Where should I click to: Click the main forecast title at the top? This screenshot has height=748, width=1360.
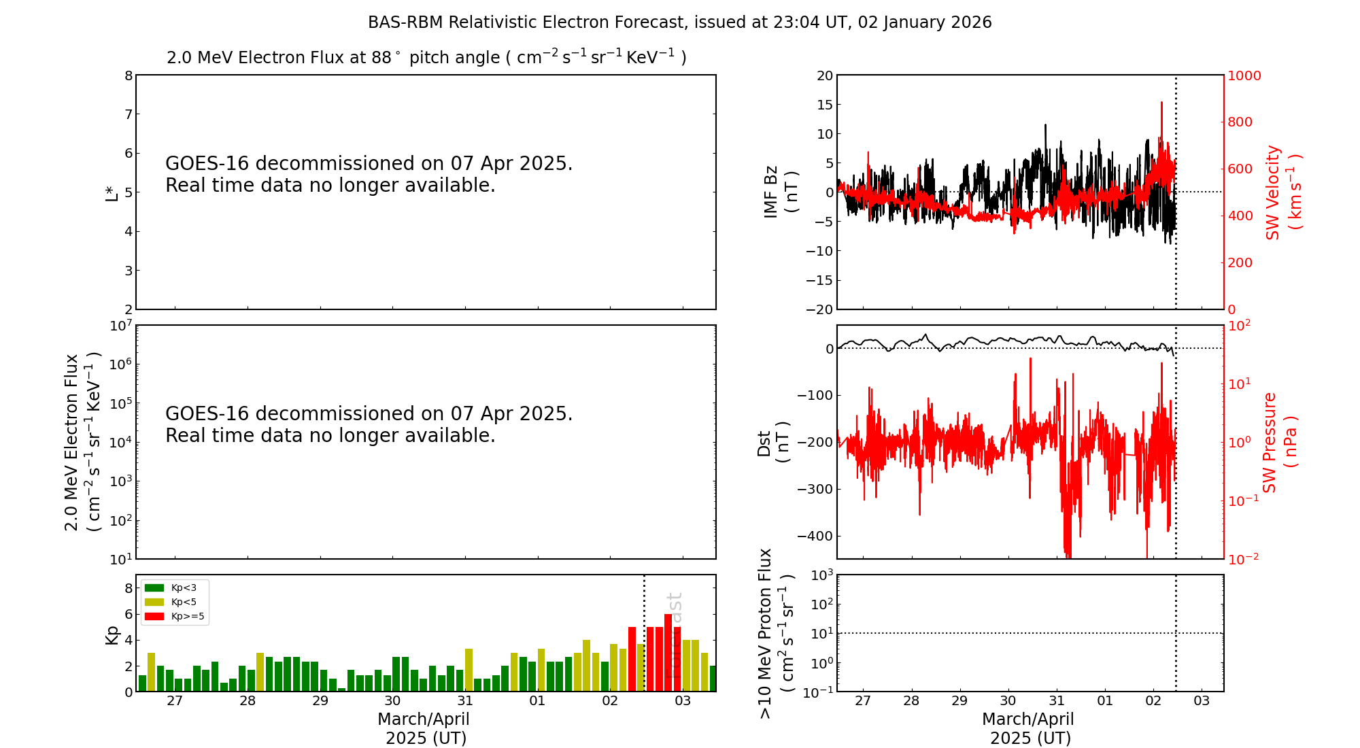coord(679,22)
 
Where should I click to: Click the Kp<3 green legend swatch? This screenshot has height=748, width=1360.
coord(154,588)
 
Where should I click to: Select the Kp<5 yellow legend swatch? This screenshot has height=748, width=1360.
coord(154,602)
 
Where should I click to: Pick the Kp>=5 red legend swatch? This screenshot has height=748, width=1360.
coord(154,617)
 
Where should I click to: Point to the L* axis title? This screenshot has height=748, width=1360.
coord(112,192)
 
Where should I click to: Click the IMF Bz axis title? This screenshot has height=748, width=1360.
coord(781,192)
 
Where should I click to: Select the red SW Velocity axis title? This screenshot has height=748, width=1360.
coord(1282,192)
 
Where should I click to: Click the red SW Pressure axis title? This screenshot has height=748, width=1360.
coord(1279,442)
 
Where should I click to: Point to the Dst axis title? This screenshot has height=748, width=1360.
coord(772,442)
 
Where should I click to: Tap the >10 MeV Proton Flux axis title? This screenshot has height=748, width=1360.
coord(775,633)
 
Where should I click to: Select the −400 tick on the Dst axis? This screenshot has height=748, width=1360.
coord(815,536)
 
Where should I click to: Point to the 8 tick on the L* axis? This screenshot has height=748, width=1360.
coord(128,75)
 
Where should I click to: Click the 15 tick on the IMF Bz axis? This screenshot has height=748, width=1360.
coord(824,105)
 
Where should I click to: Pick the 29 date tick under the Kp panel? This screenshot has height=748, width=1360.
coord(320,701)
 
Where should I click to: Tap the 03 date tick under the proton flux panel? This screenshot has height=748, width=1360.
coord(1202,701)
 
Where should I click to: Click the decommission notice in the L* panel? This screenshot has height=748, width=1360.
coord(369,174)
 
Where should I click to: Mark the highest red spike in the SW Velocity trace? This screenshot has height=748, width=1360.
coord(1161,103)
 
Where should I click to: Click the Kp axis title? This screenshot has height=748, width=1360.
coord(112,634)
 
